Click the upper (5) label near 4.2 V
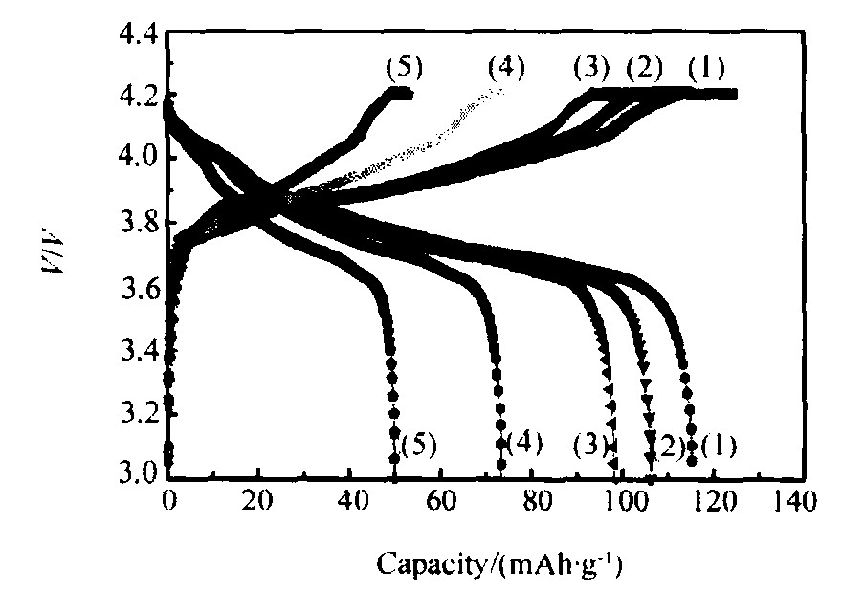tap(404, 69)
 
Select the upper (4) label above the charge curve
tap(506, 69)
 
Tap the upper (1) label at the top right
tap(706, 69)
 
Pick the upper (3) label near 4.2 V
tap(592, 69)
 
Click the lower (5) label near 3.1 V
tap(419, 446)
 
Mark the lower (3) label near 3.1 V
tap(591, 446)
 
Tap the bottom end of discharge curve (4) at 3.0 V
tap(500, 469)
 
